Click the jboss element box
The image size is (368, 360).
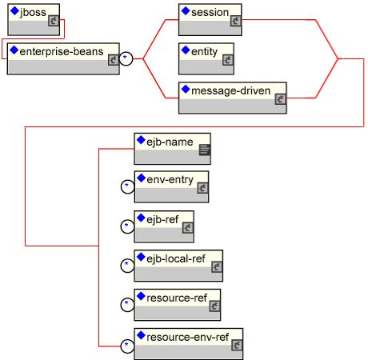click(34, 19)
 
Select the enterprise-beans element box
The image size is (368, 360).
click(63, 58)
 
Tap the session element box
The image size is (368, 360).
click(210, 19)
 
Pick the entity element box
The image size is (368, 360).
click(206, 58)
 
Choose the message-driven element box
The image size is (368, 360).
click(233, 98)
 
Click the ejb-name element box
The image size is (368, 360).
click(172, 149)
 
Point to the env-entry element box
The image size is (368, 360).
click(171, 187)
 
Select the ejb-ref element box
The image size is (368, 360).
click(164, 226)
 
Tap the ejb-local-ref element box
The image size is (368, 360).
click(178, 266)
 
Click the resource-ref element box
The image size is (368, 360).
click(178, 305)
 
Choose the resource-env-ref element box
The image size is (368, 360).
click(189, 344)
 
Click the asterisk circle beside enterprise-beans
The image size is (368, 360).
click(126, 58)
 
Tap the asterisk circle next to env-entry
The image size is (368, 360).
click(127, 187)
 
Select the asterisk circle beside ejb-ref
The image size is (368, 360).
click(127, 227)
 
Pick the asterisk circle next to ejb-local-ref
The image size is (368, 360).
click(127, 266)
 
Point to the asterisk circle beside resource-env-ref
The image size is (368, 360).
click(127, 346)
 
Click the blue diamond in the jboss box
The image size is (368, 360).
click(14, 11)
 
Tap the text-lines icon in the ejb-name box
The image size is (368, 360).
click(205, 150)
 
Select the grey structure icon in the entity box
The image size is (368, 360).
click(228, 60)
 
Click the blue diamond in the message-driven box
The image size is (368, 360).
click(186, 90)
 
